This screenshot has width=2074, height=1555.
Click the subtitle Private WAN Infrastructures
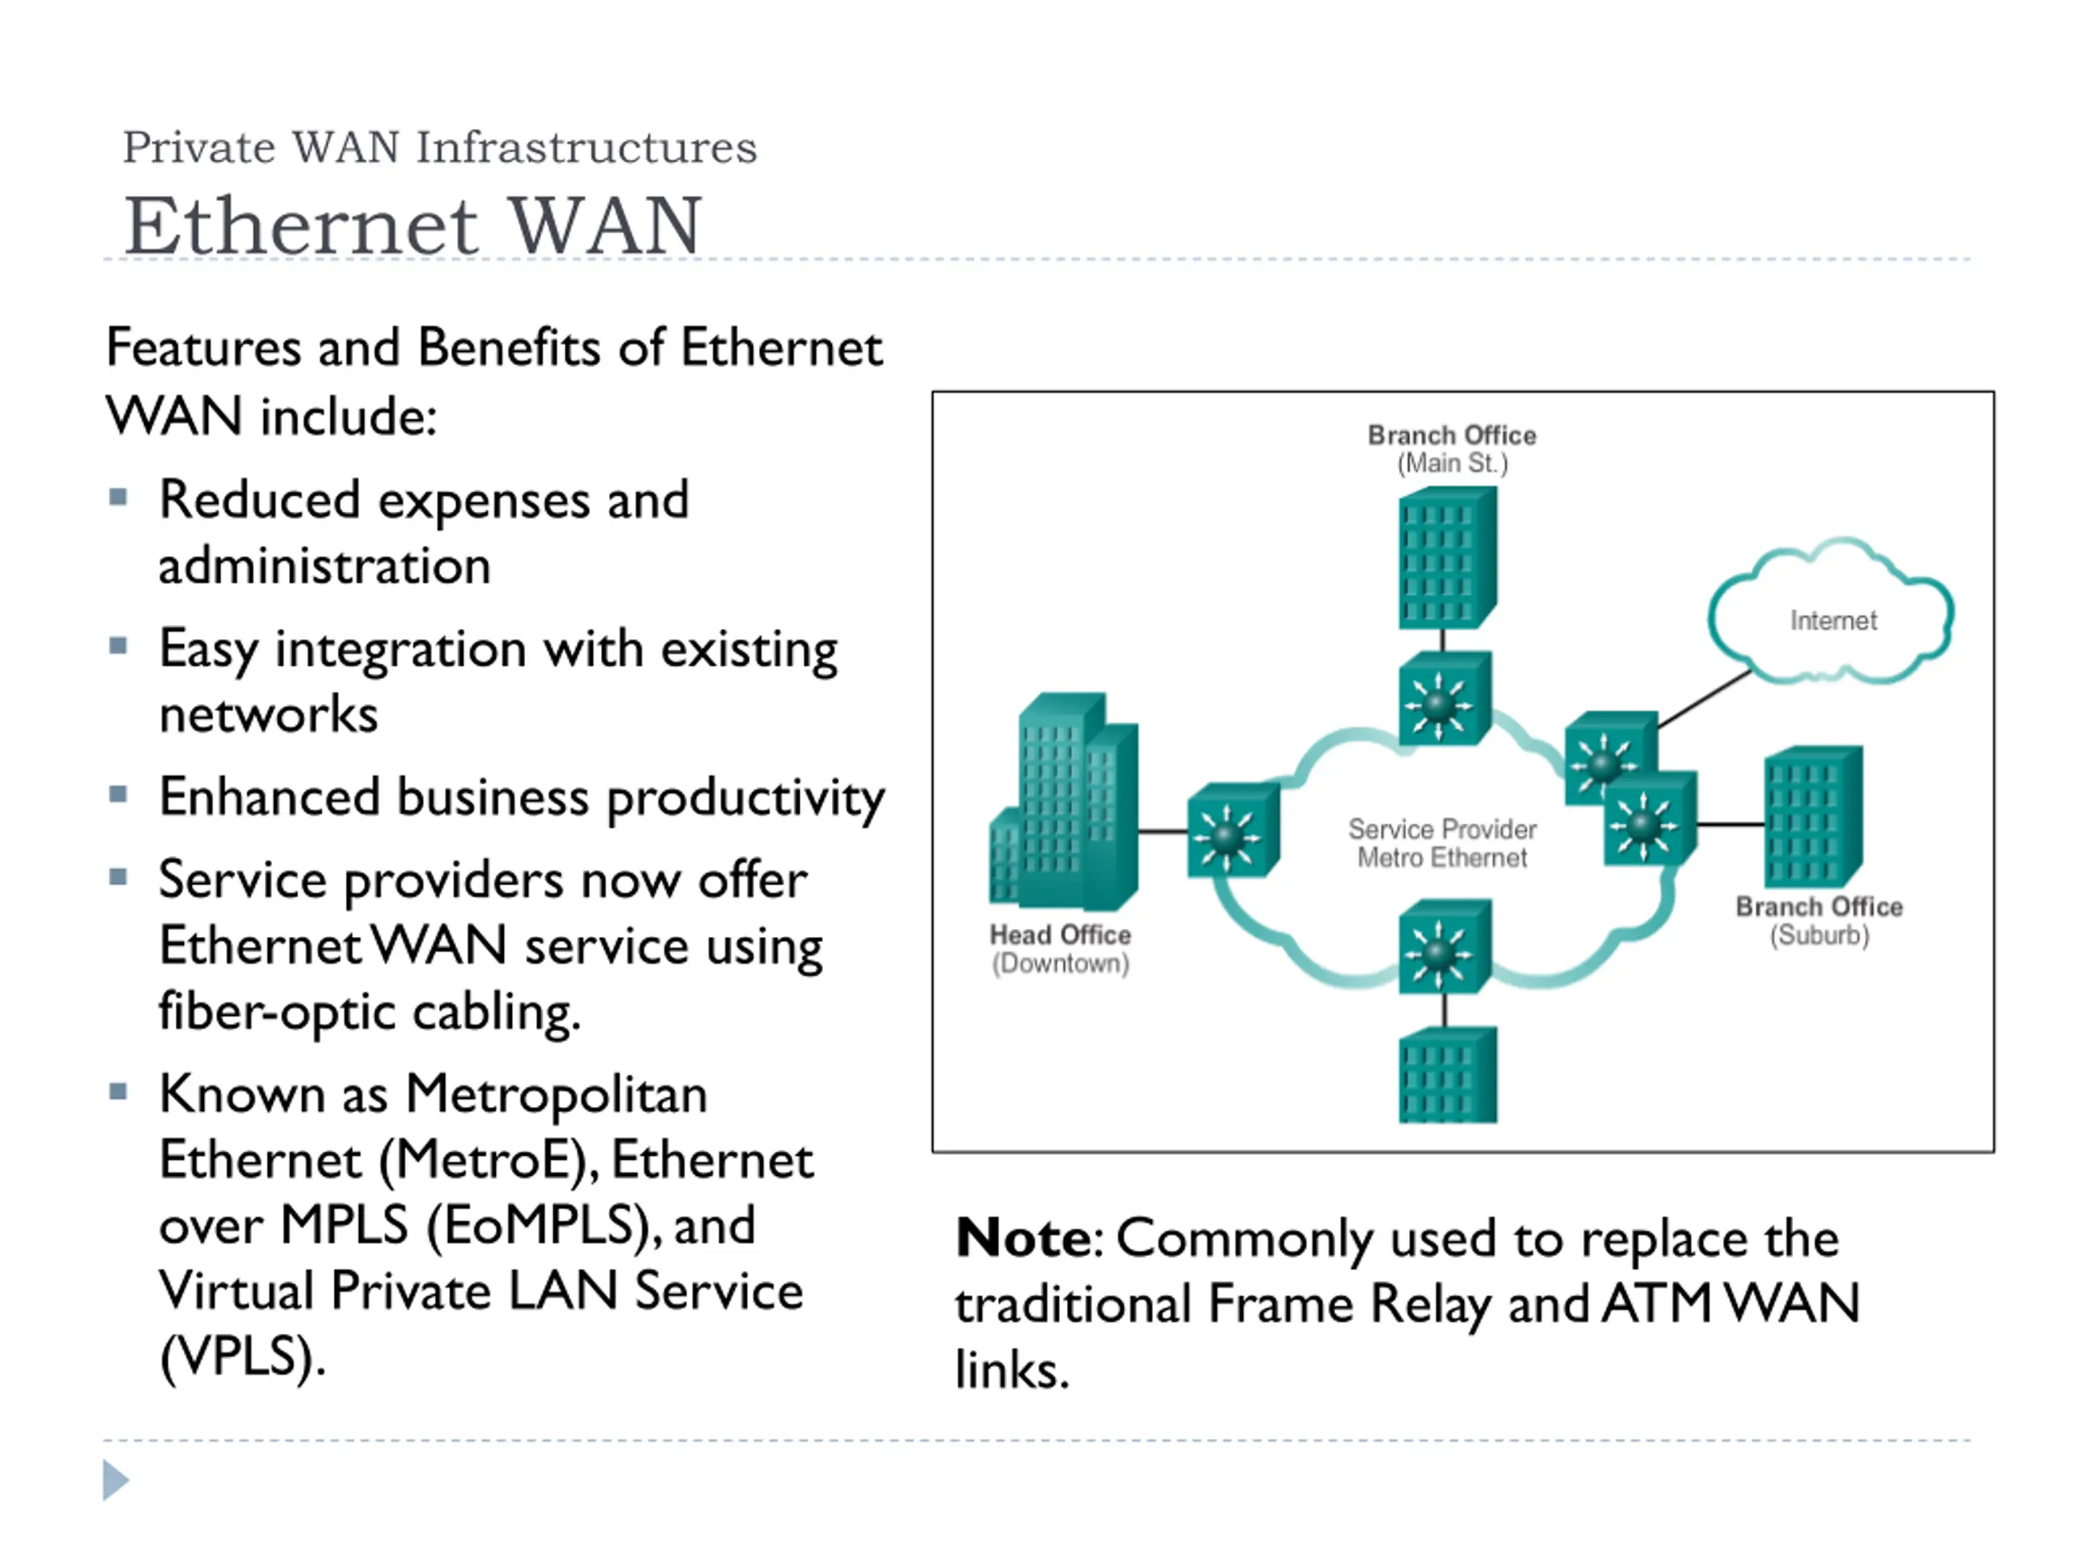pyautogui.click(x=440, y=147)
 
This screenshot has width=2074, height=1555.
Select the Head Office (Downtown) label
pyautogui.click(x=1060, y=948)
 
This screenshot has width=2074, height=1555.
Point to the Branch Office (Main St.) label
pyautogui.click(x=1453, y=449)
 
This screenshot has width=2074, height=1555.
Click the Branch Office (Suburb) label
pyautogui.click(x=1819, y=920)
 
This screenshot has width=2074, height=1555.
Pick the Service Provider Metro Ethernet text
pyautogui.click(x=1442, y=842)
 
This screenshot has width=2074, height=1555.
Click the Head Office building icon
pyautogui.click(x=1065, y=802)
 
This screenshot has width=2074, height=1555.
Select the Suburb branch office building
pyautogui.click(x=1813, y=816)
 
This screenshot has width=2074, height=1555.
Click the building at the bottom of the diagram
pyautogui.click(x=1448, y=1075)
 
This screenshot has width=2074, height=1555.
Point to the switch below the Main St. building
pyautogui.click(x=1445, y=699)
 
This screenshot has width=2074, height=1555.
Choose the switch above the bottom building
pyautogui.click(x=1445, y=947)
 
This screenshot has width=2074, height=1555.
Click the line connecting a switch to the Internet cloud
pyautogui.click(x=1705, y=698)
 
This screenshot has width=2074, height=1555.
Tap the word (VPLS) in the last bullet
pyautogui.click(x=242, y=1357)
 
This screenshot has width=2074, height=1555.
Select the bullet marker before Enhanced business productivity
pyautogui.click(x=118, y=795)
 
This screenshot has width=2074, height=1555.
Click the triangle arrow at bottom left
pyautogui.click(x=115, y=1480)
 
